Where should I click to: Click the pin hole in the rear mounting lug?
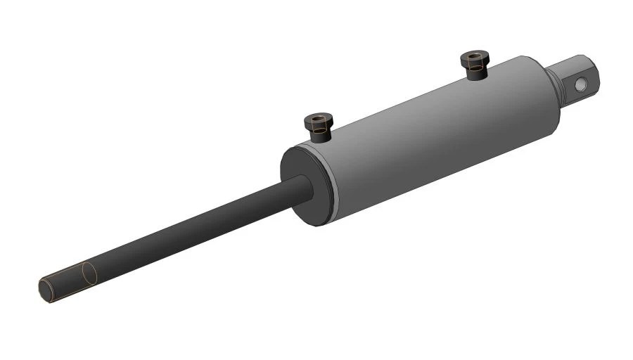click(x=581, y=84)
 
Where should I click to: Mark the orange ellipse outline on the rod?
click(x=87, y=274)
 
